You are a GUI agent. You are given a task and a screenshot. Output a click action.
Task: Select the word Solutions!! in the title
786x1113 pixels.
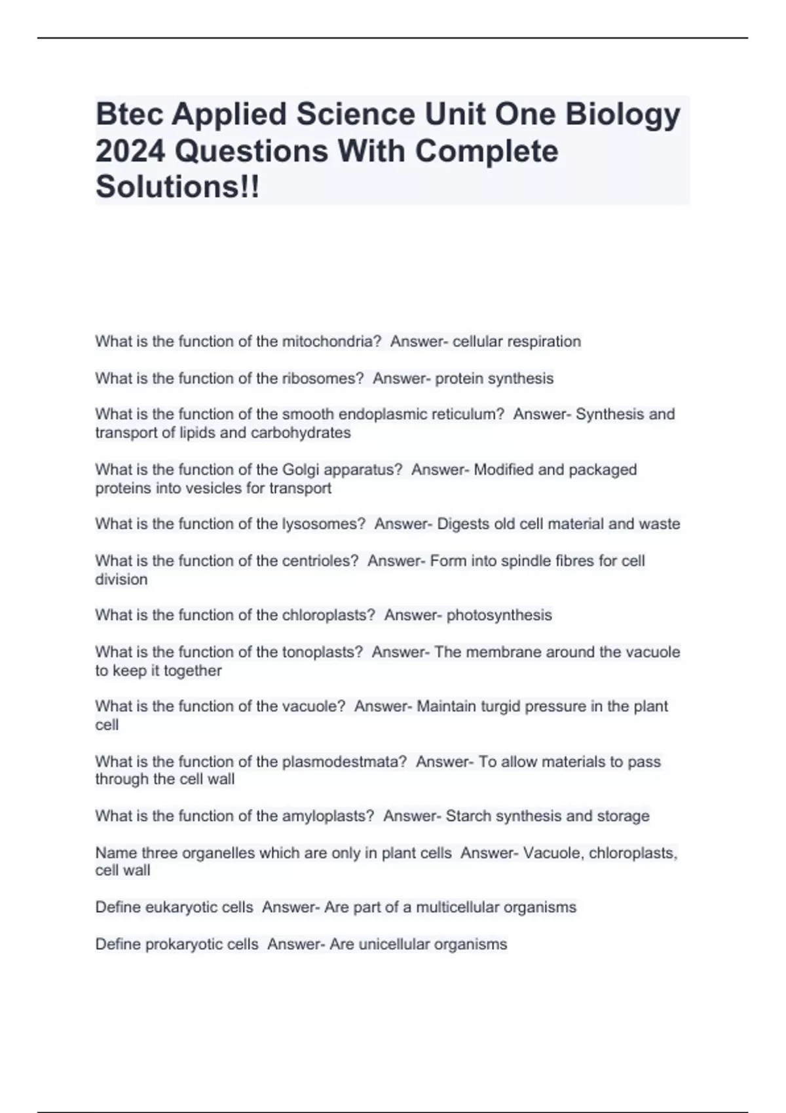coord(178,187)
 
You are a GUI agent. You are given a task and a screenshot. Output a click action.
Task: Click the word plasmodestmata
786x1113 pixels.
coord(345,761)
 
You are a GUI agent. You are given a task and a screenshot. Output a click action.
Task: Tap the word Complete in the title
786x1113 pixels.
coord(487,151)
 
